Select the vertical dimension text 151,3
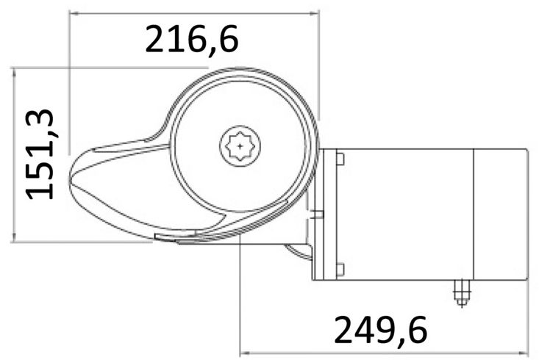point(40,154)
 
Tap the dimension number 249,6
point(380,331)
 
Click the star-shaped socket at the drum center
point(240,146)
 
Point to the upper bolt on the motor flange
point(340,159)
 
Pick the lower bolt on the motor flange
point(340,270)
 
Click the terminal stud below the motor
point(462,292)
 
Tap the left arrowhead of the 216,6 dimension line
point(74,13)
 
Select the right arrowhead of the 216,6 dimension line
point(315,13)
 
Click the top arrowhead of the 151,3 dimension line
point(14,73)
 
